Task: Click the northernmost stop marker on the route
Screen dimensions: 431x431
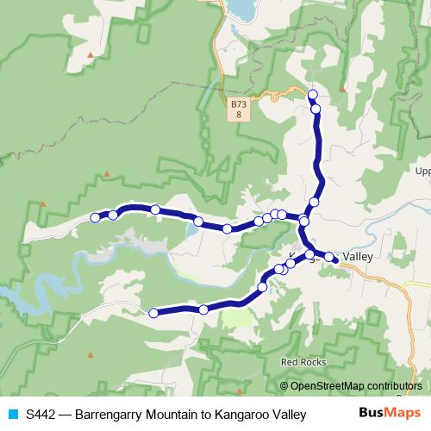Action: pos(312,94)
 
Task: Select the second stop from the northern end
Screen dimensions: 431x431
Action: pos(316,109)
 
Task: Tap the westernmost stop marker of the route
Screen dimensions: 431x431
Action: pos(96,218)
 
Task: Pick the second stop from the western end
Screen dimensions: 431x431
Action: pos(113,215)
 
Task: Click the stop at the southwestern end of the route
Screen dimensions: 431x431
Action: pos(154,314)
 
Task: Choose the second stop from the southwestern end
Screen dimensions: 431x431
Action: pos(203,309)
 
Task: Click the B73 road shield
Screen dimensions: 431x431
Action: pos(238,109)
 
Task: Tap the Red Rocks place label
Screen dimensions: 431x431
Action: pos(303,363)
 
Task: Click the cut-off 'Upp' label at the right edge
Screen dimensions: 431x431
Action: pos(422,171)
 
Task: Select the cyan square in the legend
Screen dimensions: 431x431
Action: pos(12,415)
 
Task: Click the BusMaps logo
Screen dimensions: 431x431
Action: pos(384,413)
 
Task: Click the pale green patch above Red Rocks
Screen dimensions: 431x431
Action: pos(238,318)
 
